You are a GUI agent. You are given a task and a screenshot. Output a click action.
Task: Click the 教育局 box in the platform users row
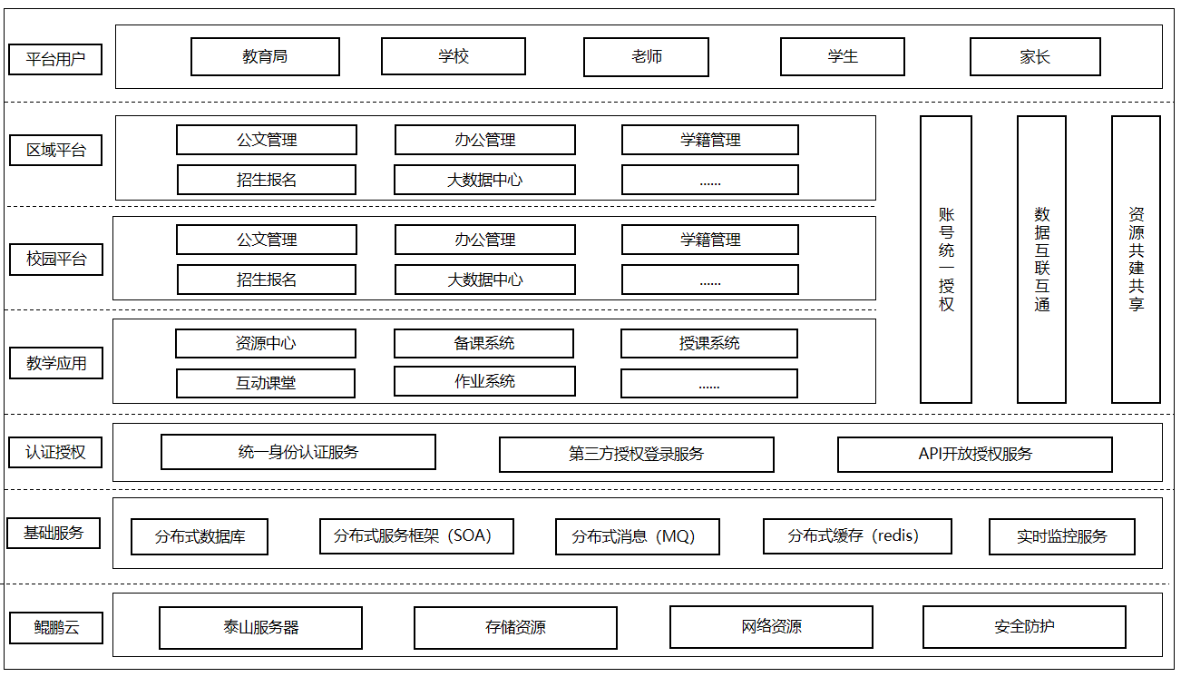tap(265, 56)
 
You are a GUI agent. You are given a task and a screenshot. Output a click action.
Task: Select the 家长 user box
tap(1035, 56)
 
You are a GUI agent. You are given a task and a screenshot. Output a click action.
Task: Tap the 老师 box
tap(646, 57)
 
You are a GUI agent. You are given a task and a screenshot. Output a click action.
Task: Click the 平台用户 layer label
tap(55, 59)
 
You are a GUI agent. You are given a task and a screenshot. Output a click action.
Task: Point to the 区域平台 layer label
tap(56, 151)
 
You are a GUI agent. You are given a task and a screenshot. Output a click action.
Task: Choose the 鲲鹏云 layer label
tap(56, 627)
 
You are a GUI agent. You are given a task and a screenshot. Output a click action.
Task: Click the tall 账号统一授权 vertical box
tap(946, 260)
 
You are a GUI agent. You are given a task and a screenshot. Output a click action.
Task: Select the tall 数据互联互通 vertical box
tap(1041, 260)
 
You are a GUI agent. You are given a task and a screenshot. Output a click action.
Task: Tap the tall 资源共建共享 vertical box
tap(1137, 260)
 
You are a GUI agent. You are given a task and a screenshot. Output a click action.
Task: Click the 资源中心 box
tap(266, 344)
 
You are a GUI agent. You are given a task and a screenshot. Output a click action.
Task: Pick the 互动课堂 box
tap(266, 383)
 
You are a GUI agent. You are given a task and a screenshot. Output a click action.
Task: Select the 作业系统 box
tap(484, 381)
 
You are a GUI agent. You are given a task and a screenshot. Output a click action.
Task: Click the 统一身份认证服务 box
tap(298, 452)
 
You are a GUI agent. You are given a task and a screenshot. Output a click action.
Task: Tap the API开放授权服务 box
tap(975, 454)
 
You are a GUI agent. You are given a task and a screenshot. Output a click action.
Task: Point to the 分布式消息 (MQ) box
tap(638, 536)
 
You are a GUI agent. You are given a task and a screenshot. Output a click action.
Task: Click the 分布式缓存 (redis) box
tap(857, 536)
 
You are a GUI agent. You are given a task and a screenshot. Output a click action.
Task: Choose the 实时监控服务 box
tap(1062, 536)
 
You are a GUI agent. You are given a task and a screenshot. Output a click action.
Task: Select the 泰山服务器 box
tap(261, 627)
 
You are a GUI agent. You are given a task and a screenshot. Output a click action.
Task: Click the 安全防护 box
tap(1024, 627)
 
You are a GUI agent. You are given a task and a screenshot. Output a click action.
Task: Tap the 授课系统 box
tap(709, 344)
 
